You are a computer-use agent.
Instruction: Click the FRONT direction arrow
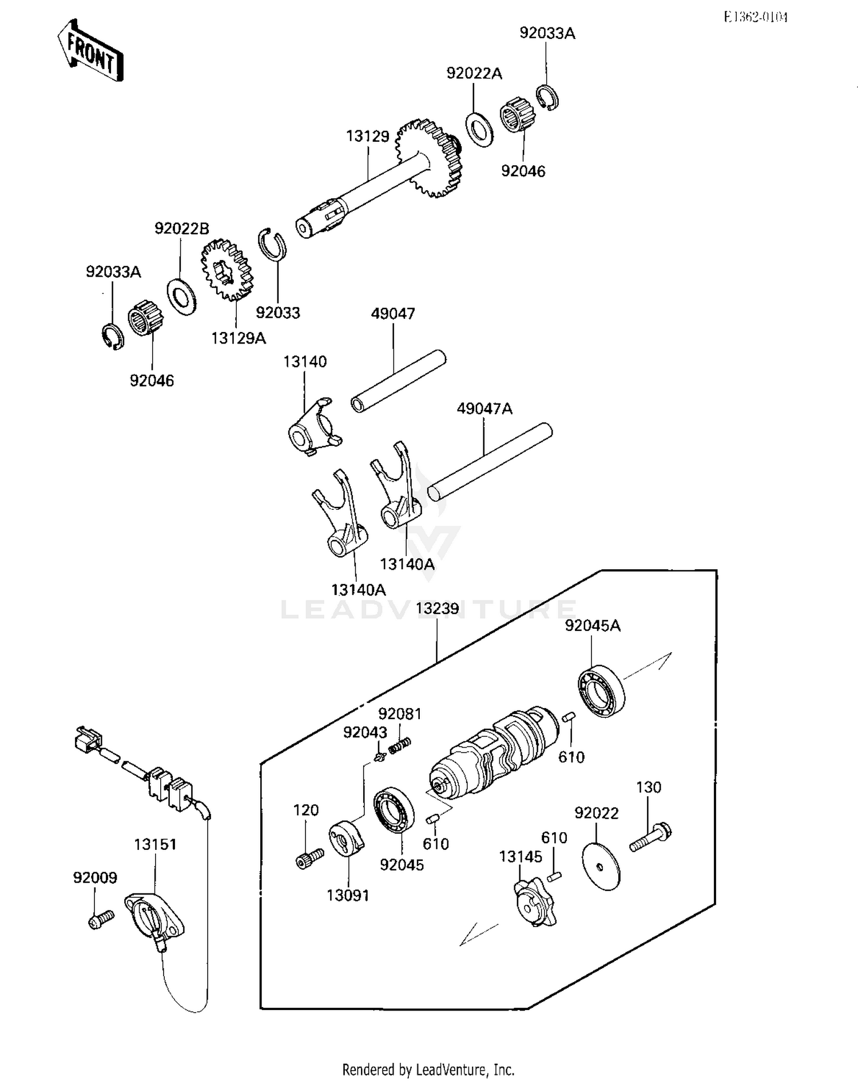tap(90, 51)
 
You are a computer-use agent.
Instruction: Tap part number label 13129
tap(367, 137)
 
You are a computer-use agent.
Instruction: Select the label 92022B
tap(182, 229)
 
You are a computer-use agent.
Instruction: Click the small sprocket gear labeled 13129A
tap(227, 270)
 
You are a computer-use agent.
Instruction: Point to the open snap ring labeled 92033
tap(274, 244)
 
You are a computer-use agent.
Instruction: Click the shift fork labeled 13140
tap(312, 429)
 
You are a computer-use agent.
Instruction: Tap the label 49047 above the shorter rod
tap(393, 313)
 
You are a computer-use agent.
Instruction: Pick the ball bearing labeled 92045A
tap(601, 691)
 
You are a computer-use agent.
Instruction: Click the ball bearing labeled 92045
tap(394, 812)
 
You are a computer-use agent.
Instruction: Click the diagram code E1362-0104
tap(756, 17)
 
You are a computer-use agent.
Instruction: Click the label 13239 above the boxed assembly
tap(437, 609)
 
